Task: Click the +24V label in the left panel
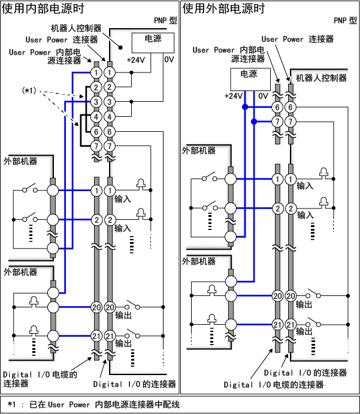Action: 135,60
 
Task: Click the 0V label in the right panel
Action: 263,96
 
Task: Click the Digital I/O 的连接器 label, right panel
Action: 305,373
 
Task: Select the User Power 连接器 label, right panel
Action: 297,39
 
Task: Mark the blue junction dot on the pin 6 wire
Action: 244,107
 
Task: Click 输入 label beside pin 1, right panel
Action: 305,186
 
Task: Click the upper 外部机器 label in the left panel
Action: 20,162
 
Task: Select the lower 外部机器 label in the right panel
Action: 199,262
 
